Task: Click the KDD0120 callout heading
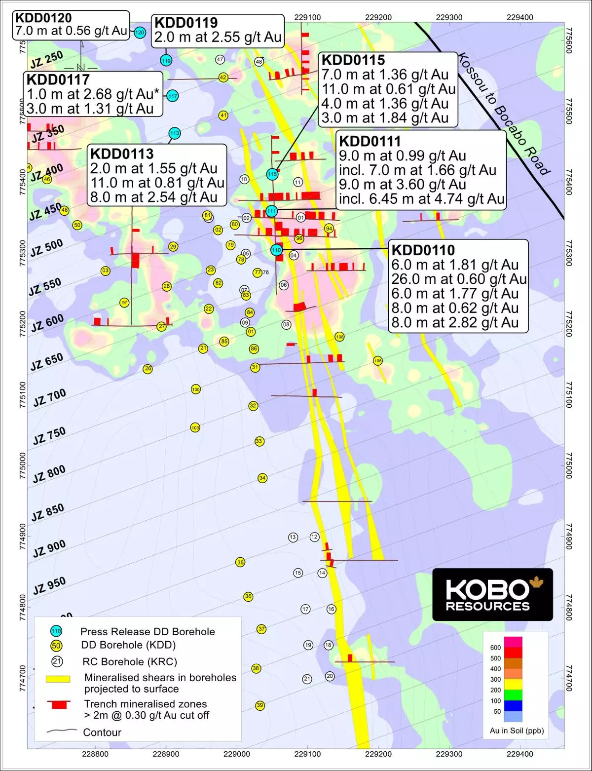pyautogui.click(x=43, y=18)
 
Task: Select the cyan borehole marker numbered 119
pyautogui.click(x=166, y=61)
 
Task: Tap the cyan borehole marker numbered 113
pyautogui.click(x=174, y=133)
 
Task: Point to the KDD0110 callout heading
pyautogui.click(x=423, y=250)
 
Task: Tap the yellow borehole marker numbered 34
pyautogui.click(x=262, y=478)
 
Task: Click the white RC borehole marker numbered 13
pyautogui.click(x=293, y=537)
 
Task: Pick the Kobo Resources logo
pyautogui.click(x=492, y=594)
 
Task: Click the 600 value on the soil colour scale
pyautogui.click(x=495, y=648)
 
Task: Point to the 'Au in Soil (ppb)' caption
pyautogui.click(x=517, y=731)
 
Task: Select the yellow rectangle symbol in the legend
pyautogui.click(x=58, y=679)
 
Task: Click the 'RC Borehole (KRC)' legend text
pyautogui.click(x=129, y=662)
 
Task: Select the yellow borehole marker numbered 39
pyautogui.click(x=260, y=705)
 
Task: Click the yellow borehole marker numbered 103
pyautogui.click(x=195, y=428)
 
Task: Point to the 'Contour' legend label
pyautogui.click(x=102, y=732)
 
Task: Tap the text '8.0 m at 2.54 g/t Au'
pyautogui.click(x=153, y=197)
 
